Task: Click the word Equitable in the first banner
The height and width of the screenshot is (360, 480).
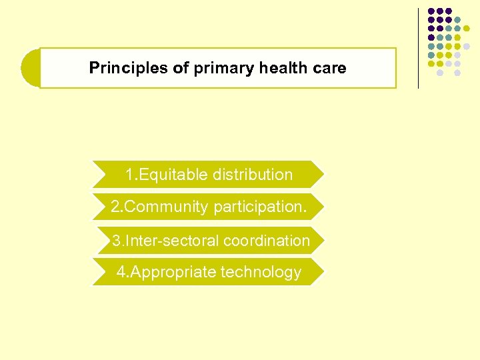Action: pos(173,175)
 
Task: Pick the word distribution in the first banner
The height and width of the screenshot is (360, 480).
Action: pos(252,175)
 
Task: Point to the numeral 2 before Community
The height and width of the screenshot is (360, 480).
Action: pos(115,207)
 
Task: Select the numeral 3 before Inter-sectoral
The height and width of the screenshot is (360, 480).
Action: pos(116,240)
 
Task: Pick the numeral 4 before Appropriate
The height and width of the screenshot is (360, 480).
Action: pos(121,272)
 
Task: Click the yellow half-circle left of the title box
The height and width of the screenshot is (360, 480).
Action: pos(30,68)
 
